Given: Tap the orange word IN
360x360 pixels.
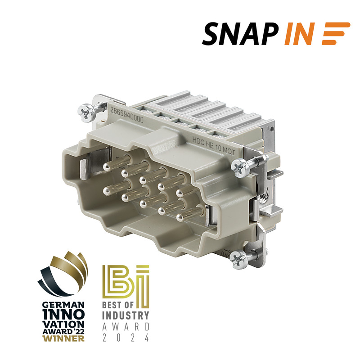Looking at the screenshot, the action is coord(300,34).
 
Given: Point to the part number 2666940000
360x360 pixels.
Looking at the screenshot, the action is coord(126,115).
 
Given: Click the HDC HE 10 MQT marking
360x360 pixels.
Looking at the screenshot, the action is coord(213,146).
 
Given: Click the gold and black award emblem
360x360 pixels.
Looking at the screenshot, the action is coord(63,273).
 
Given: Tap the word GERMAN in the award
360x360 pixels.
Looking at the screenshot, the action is coord(63,305).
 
